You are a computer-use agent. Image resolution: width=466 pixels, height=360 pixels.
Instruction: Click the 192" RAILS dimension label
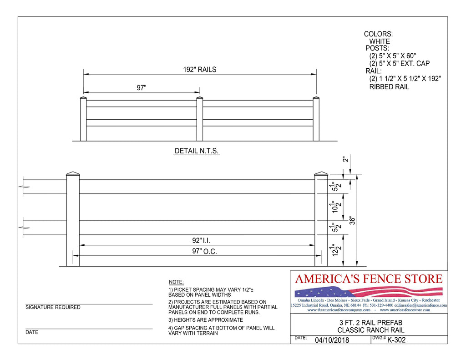[199, 70]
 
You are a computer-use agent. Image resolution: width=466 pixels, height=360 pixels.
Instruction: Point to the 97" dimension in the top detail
[142, 87]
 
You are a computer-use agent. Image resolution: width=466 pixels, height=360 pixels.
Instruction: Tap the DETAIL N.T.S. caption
[197, 151]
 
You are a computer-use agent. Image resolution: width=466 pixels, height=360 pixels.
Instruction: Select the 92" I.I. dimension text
[201, 240]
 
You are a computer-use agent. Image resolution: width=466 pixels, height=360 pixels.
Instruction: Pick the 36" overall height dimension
[351, 220]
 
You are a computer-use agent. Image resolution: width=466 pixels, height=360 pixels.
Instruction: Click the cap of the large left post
[73, 173]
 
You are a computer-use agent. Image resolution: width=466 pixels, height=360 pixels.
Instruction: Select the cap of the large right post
[321, 173]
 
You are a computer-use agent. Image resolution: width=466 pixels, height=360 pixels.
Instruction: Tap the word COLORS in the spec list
[378, 34]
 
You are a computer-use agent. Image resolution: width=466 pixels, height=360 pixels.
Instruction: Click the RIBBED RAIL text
[389, 86]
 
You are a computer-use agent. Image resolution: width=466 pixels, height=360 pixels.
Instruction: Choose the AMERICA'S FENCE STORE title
[369, 279]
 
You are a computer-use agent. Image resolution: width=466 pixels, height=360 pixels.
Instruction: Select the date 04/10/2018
[332, 340]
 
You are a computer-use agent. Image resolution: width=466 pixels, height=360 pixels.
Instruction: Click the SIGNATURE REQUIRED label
[53, 307]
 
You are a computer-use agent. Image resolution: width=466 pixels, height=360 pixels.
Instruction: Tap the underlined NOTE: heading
[176, 282]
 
